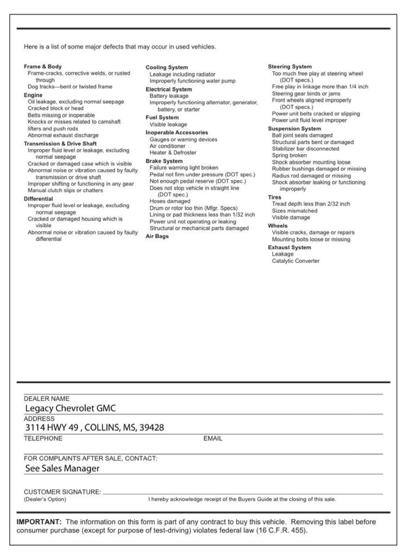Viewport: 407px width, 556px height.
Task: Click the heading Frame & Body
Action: coord(43,67)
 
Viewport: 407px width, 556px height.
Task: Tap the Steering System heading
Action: coord(290,67)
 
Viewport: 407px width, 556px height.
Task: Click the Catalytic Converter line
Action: coord(295,261)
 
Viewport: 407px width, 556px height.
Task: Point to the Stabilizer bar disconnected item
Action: coord(305,149)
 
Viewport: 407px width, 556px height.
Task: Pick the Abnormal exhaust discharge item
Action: coord(63,135)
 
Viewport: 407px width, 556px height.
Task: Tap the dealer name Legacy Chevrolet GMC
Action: coord(70,408)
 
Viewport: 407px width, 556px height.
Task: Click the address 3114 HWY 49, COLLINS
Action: coord(94,428)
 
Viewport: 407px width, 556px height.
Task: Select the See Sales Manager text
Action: coord(63,468)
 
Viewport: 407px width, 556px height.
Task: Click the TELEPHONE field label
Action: coord(43,438)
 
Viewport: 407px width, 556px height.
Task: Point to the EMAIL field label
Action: coord(213,438)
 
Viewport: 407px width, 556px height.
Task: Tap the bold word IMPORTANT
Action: coord(36,522)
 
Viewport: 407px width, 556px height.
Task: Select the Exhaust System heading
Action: coord(289,248)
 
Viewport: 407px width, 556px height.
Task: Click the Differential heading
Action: coord(38,199)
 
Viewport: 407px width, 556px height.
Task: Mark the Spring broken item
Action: coord(289,156)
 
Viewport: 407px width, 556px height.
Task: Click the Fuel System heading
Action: coord(162,118)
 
